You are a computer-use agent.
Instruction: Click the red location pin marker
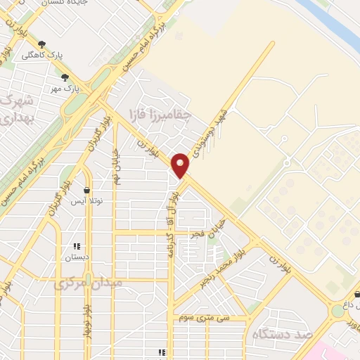point(181,164)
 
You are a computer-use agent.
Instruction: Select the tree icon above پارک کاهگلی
point(41,44)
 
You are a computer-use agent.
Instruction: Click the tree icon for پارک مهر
point(65,78)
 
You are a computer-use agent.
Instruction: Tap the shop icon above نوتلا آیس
point(87,190)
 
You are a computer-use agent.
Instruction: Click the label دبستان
point(77,258)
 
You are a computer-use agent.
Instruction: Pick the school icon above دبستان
point(77,247)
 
